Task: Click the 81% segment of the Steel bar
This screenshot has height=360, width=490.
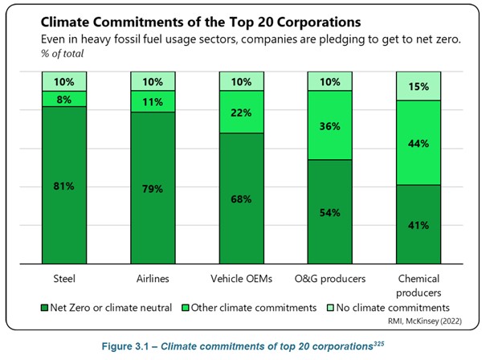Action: click(65, 186)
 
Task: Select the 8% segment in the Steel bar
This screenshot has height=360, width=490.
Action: click(65, 98)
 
